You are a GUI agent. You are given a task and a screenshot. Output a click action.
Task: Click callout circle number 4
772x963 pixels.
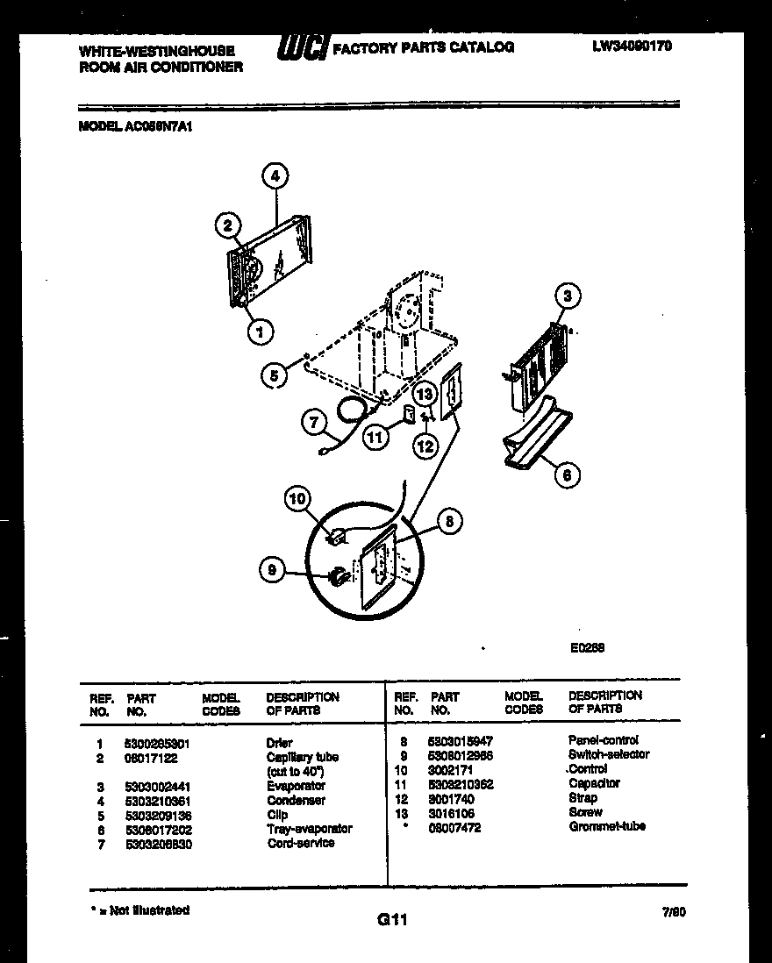[x=275, y=176]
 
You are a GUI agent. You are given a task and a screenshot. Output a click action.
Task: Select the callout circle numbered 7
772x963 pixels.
[x=311, y=422]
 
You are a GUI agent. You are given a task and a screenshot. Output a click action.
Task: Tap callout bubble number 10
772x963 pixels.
[x=298, y=499]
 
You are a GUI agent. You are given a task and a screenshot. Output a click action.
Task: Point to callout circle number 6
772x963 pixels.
[x=567, y=474]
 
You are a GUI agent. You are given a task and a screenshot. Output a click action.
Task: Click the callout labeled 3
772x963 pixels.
[x=568, y=296]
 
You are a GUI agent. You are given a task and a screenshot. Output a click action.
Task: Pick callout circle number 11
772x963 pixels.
[x=376, y=436]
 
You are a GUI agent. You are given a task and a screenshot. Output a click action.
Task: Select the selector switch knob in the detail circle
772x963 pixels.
[x=335, y=576]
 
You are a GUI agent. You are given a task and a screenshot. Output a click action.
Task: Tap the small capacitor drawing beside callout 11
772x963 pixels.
[x=408, y=412]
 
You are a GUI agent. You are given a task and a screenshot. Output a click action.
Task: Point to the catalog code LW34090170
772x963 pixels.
[x=632, y=46]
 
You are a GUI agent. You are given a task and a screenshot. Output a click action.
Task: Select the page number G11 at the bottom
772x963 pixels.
[x=393, y=919]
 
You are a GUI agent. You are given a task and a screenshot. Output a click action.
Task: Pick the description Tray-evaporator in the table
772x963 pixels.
[x=310, y=829]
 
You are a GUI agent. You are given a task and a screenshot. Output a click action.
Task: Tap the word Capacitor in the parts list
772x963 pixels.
[x=594, y=783]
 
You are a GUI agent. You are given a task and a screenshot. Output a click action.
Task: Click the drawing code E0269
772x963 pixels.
[x=587, y=648]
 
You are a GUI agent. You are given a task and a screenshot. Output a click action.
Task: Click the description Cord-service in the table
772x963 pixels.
[x=301, y=843]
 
